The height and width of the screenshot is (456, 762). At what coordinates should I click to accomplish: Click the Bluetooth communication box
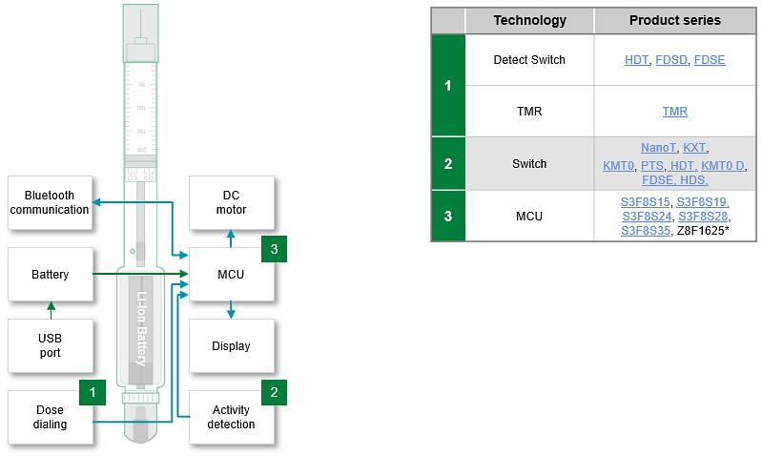50,202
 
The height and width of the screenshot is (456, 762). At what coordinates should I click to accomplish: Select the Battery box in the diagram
50,275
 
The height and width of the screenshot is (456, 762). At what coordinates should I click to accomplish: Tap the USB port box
50,345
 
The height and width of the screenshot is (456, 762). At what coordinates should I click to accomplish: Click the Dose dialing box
50,417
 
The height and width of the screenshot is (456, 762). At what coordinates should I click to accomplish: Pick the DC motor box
231,202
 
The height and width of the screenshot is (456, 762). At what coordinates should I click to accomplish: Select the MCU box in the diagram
231,275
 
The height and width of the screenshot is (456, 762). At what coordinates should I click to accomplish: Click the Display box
231,345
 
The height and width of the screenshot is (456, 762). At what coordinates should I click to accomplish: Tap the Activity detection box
231,417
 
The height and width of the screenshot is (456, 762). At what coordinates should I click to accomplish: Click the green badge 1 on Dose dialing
93,391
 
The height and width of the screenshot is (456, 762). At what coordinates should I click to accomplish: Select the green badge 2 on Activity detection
274,391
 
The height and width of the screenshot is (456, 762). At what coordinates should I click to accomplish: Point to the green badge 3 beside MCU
274,249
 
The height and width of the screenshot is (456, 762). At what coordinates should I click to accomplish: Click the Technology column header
529,20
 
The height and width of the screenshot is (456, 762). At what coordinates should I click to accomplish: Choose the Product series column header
674,20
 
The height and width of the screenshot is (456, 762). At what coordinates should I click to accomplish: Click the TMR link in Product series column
674,112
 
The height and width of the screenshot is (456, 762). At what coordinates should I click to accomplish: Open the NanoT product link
658,148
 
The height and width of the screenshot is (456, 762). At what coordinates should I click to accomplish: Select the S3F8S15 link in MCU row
646,202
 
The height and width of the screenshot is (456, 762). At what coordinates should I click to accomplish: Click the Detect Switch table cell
529,60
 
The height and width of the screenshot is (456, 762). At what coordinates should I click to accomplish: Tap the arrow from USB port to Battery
51,310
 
